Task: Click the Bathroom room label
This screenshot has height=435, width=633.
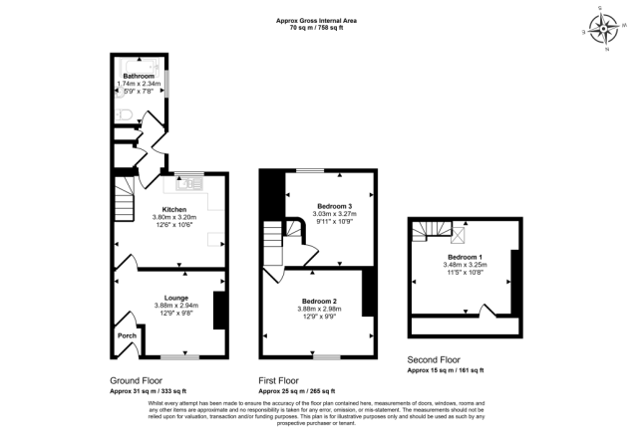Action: pyautogui.click(x=138, y=76)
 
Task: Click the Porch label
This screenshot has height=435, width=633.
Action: pyautogui.click(x=127, y=335)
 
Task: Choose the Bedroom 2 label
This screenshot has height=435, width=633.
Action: pyautogui.click(x=319, y=301)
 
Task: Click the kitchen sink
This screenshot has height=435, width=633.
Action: pyautogui.click(x=188, y=182)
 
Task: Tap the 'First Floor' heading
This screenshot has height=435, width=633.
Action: pyautogui.click(x=279, y=381)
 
